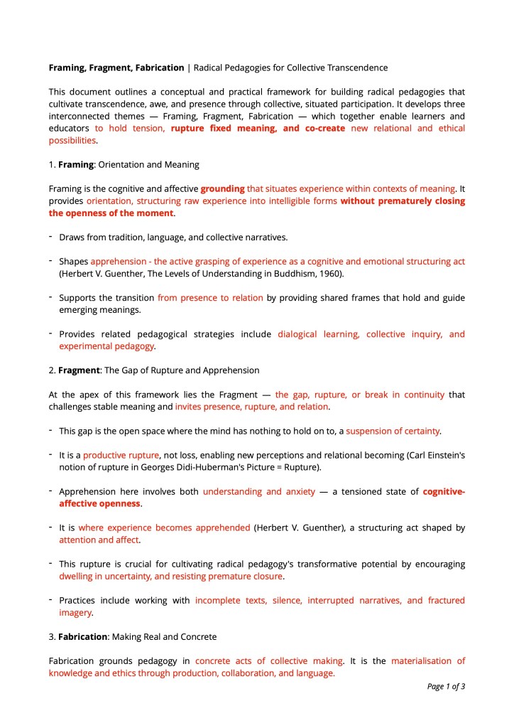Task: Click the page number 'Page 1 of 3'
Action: tap(446, 686)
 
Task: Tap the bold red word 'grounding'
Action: tap(222, 188)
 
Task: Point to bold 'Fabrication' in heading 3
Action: tap(82, 636)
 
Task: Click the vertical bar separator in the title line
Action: tap(189, 68)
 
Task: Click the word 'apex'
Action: tap(92, 394)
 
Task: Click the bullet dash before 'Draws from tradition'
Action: tap(51, 237)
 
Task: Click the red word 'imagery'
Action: tap(75, 612)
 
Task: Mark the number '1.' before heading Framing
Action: tap(52, 164)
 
